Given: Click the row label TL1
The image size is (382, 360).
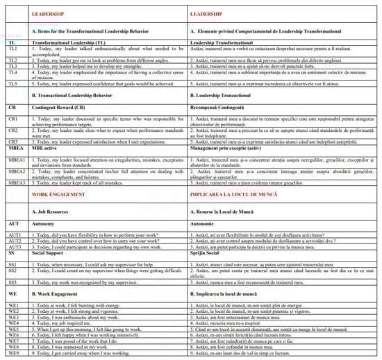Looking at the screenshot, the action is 11,49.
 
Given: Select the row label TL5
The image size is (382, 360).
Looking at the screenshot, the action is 11,83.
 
